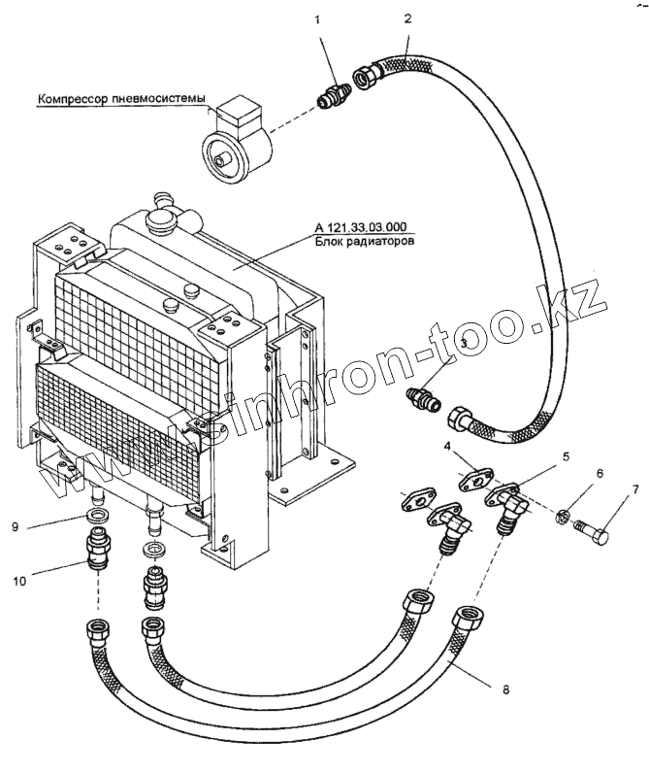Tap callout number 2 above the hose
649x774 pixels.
pyautogui.click(x=407, y=18)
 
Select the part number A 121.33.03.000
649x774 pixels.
pyautogui.click(x=362, y=227)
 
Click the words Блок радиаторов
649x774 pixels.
pyautogui.click(x=362, y=242)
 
